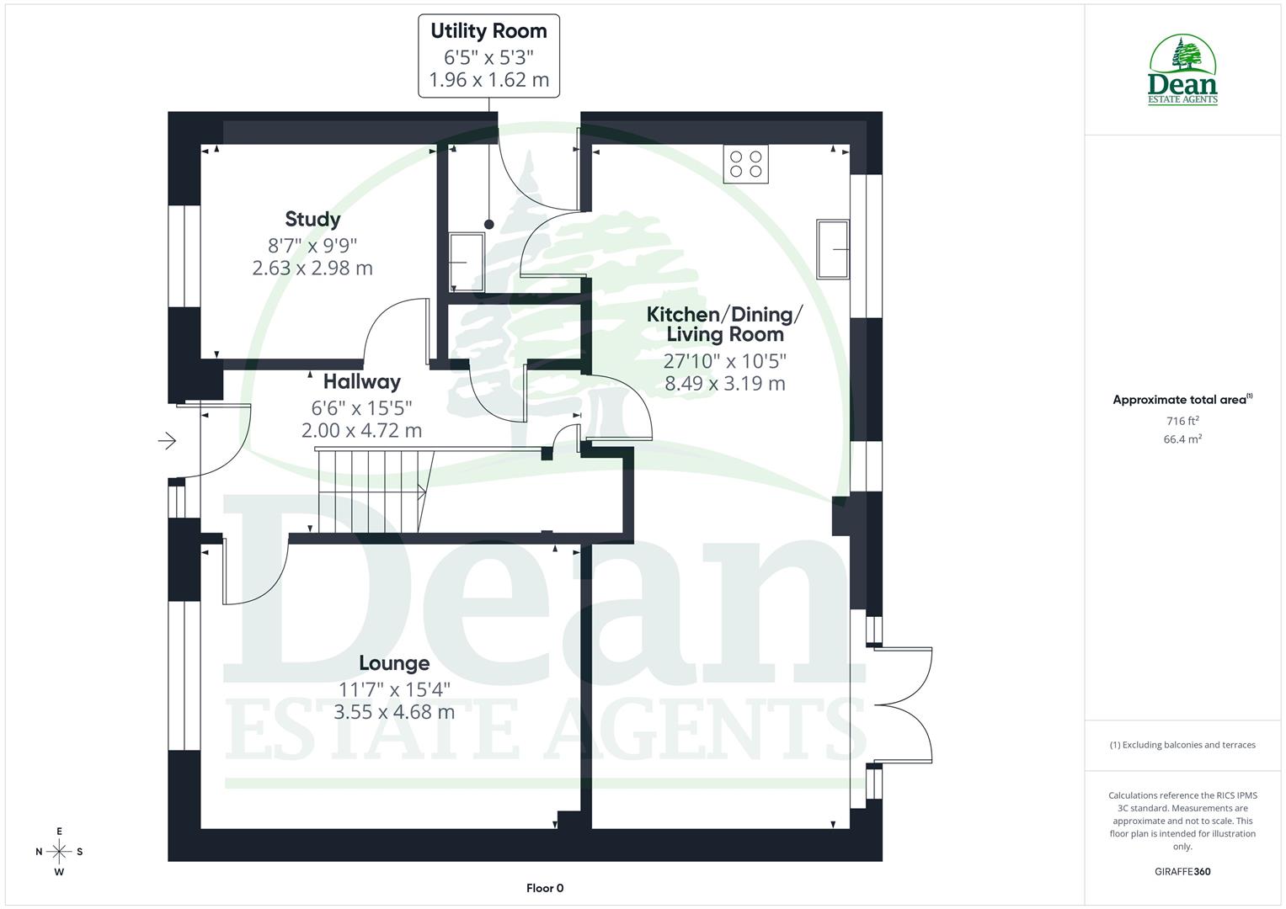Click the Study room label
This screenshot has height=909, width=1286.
312,219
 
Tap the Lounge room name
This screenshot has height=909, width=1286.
394,663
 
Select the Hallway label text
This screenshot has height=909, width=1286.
361,382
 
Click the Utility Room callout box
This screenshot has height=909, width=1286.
488,56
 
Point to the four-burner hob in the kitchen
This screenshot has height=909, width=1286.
746,164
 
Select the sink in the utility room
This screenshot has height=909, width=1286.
466,263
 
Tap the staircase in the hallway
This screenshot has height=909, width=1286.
371,491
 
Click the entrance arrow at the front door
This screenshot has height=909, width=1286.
168,440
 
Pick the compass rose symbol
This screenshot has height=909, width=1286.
59,852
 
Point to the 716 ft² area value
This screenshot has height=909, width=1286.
1182,421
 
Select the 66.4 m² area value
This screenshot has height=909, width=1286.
1182,439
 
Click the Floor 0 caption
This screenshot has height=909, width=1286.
545,888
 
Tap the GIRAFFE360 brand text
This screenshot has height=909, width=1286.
1182,871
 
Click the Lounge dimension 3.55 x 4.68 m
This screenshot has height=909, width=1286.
394,712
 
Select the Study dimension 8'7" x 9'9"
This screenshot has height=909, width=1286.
312,246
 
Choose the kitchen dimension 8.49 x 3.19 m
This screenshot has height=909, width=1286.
725,384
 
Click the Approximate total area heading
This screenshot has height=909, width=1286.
1182,400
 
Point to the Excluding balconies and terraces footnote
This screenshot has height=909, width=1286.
1182,745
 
